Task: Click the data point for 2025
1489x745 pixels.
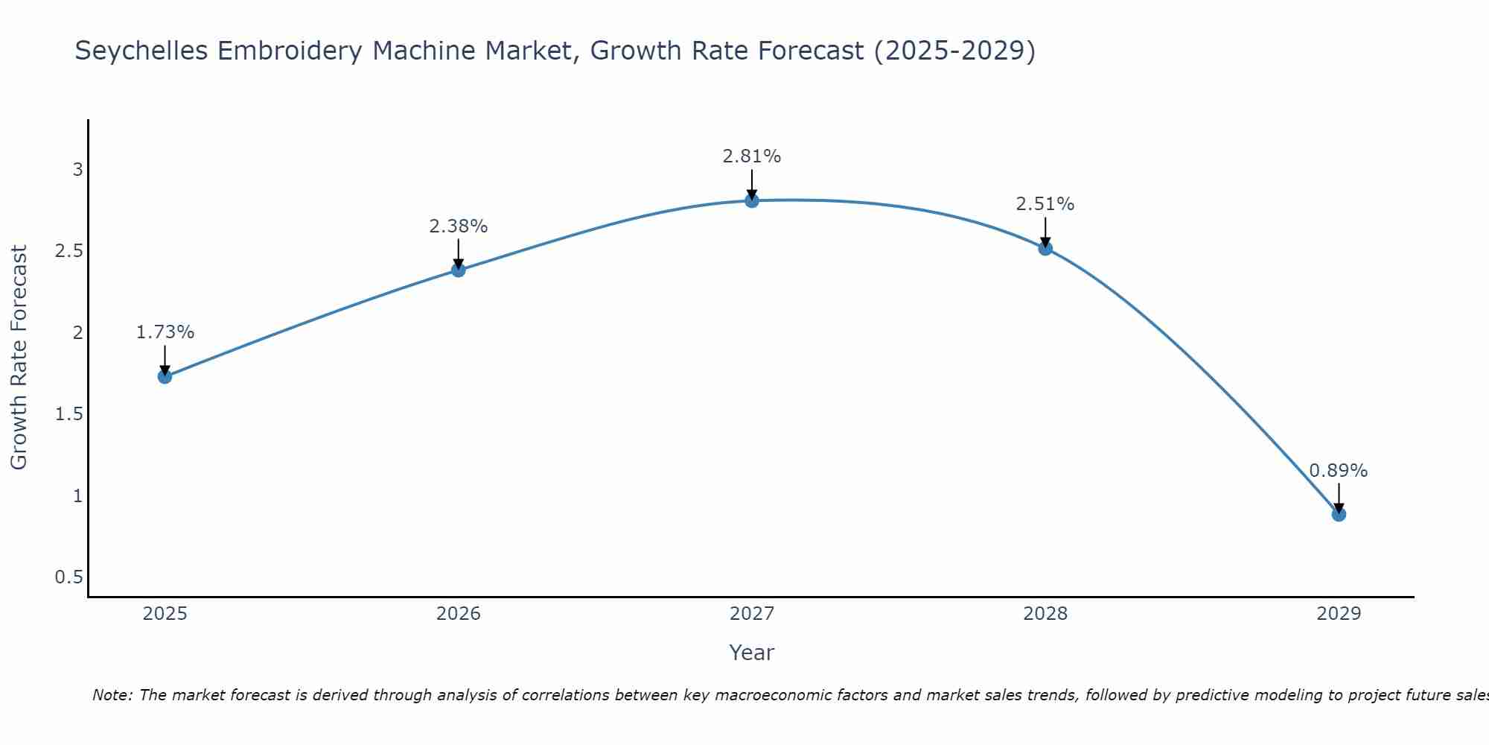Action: pos(165,376)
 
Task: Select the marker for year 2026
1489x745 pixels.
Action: pos(459,270)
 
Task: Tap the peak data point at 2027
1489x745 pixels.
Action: pos(752,200)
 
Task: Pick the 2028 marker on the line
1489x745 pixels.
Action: pos(1045,248)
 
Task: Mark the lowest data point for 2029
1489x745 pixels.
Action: pos(1339,514)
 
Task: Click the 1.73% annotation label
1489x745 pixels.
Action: pos(165,332)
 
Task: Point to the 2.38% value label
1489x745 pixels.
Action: pos(459,226)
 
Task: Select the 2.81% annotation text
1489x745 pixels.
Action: pos(752,156)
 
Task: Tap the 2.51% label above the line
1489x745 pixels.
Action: pos(1045,204)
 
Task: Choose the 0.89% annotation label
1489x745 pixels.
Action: pos(1339,471)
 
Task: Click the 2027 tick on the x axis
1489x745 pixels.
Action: pos(752,614)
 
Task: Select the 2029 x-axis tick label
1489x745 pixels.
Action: pos(1339,614)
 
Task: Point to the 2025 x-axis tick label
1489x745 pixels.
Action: pos(165,614)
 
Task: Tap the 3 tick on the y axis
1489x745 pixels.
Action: pos(77,170)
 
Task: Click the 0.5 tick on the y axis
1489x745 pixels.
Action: pos(69,577)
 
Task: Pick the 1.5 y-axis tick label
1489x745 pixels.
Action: pos(69,414)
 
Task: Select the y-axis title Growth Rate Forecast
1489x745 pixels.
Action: pos(19,358)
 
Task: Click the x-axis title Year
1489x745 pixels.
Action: pos(752,653)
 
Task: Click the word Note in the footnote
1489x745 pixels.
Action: pos(112,695)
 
